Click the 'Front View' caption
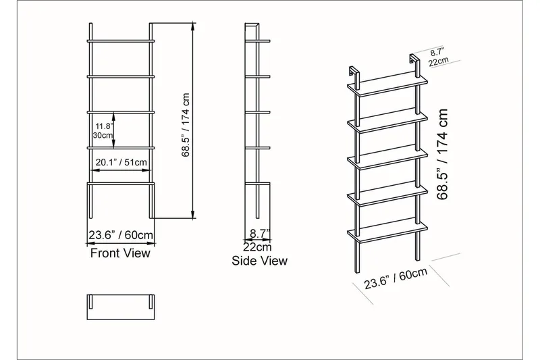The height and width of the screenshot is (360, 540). tap(120, 253)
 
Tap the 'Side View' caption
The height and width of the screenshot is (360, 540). tap(259, 261)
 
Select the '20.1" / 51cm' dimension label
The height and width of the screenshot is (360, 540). tap(121, 162)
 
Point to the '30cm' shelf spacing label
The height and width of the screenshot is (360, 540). tap(103, 135)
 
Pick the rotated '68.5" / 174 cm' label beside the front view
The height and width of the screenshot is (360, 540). tap(186, 125)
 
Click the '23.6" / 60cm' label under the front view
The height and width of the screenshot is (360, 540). tap(121, 235)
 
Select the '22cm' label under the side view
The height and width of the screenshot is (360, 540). tap(257, 247)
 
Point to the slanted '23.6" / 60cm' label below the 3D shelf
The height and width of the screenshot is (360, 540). tap(396, 278)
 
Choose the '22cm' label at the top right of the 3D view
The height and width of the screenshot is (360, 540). tap(439, 61)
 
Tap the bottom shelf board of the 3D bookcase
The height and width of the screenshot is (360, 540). tap(387, 232)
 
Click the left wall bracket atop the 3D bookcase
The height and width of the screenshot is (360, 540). tap(354, 75)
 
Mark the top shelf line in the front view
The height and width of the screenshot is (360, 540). tap(121, 41)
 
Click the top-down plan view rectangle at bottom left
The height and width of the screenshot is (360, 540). tap(121, 307)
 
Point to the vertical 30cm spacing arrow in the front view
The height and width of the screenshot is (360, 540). tap(114, 130)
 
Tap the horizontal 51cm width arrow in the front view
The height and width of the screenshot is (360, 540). tap(121, 170)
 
